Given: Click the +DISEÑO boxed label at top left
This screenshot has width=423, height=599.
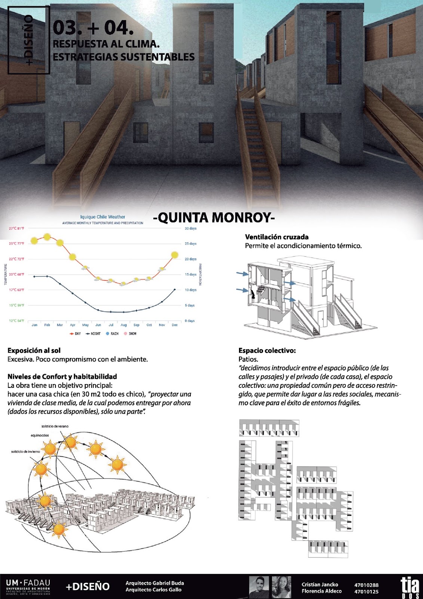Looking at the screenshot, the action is point(29,40).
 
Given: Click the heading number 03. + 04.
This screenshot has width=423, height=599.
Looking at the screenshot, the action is point(93,27).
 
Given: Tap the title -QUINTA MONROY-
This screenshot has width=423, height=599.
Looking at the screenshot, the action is point(214,218).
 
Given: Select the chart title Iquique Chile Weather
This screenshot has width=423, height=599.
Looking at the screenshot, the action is point(102,217).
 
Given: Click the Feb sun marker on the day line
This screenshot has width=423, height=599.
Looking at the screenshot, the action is point(47,237).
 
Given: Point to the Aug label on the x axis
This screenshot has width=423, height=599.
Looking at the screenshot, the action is point(123,325).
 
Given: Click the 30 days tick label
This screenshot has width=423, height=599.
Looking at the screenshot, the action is point(190,228).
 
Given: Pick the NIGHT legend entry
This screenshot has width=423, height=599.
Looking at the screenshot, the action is point(94,334).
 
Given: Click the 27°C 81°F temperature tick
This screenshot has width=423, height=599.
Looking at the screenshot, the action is point(16,228).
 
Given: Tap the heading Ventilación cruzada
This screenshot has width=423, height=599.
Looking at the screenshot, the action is point(277,237).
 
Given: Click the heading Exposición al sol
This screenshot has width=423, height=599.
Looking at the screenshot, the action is point(34,350).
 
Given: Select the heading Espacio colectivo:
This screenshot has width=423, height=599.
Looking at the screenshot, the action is point(267,350).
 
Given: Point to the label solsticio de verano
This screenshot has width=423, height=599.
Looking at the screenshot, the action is point(55,426).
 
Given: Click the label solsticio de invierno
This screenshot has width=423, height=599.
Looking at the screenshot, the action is point(25,451).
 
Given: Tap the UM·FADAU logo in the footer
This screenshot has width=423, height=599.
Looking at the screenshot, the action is point(28,586).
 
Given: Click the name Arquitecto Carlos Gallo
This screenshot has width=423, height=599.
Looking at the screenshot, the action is point(153,590).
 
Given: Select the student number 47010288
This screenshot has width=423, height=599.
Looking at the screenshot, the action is point(366,585).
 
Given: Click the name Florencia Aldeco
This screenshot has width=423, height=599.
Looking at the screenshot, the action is point(322,591).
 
